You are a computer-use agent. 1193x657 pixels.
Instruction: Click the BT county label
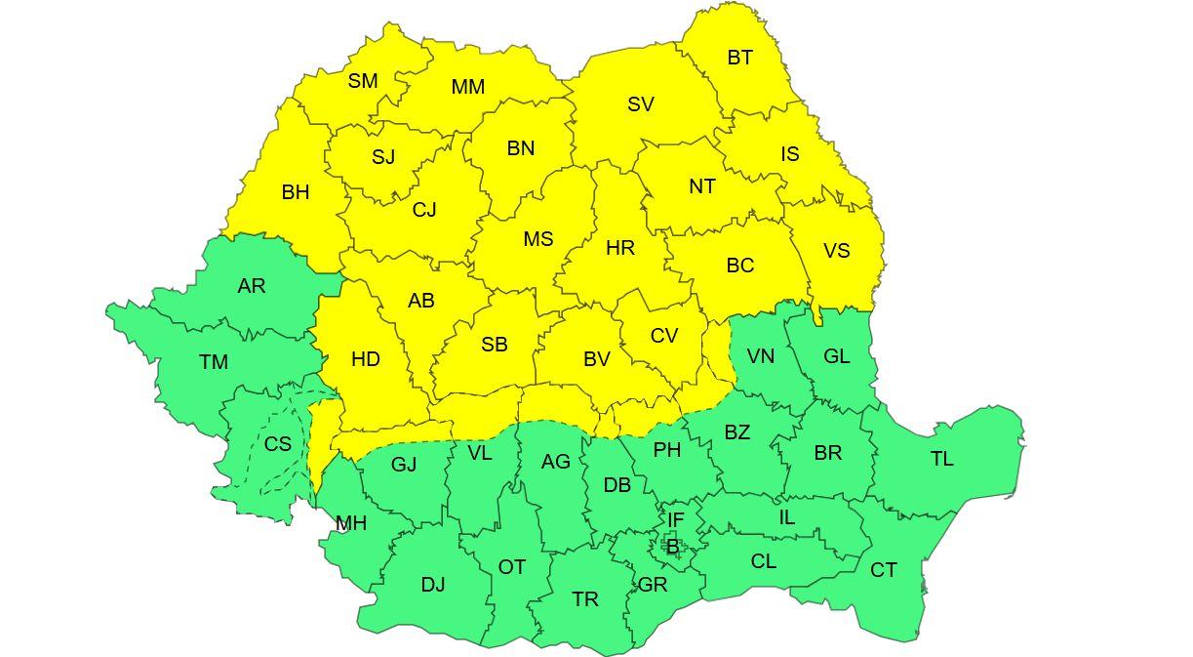tap(739, 58)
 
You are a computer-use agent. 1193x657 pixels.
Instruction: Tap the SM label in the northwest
tap(363, 81)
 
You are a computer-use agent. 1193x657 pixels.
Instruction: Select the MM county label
tap(468, 87)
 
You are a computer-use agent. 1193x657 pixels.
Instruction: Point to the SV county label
tap(641, 104)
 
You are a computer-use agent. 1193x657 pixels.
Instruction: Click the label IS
tap(790, 154)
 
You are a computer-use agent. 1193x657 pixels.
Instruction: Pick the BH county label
tap(296, 192)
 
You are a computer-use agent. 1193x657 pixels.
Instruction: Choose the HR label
tap(620, 248)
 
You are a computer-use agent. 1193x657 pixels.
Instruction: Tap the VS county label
tap(837, 251)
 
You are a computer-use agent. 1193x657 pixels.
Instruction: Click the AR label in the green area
tap(252, 286)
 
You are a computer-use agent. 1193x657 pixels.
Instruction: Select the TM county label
tap(214, 362)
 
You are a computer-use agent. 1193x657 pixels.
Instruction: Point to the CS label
tap(278, 443)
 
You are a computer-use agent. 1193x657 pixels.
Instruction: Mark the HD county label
tap(366, 359)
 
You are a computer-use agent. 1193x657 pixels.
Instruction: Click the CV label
tap(664, 336)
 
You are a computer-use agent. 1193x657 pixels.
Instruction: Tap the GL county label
tap(837, 356)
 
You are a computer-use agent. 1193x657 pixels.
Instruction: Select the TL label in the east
tap(942, 459)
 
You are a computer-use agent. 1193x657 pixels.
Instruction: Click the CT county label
tap(884, 570)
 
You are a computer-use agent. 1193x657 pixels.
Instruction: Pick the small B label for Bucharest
tap(672, 547)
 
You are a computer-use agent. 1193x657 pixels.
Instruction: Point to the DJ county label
tap(433, 585)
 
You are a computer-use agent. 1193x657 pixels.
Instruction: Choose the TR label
tap(585, 599)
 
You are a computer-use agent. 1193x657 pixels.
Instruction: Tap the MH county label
tap(351, 523)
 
